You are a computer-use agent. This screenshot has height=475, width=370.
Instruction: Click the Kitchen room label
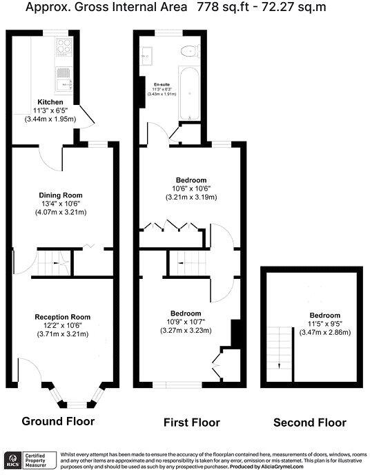coord(50,102)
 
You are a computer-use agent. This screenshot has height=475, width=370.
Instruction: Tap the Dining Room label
coord(60,195)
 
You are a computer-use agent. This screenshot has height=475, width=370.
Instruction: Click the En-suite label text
coord(162,84)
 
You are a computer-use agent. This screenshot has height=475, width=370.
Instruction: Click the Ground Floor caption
coord(58,420)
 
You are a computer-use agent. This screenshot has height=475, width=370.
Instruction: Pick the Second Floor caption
coord(310,423)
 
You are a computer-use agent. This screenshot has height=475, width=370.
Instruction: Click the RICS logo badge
coord(12,459)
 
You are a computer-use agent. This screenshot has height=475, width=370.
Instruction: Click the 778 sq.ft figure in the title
coord(215,8)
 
